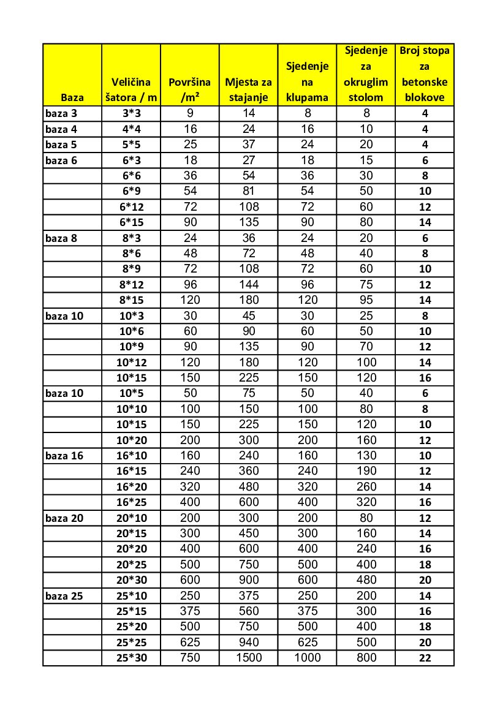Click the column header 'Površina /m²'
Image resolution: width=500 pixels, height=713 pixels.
(x=189, y=89)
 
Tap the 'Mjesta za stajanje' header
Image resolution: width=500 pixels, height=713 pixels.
(x=248, y=89)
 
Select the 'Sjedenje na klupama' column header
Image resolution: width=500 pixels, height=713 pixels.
(x=307, y=81)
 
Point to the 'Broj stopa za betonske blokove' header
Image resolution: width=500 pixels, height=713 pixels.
(x=425, y=74)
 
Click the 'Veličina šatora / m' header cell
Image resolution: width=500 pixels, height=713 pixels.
(x=131, y=89)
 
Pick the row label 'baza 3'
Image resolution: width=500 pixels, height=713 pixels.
(x=62, y=113)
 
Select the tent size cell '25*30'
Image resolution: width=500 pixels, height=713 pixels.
(x=131, y=658)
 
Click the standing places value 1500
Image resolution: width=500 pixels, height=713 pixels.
(x=248, y=658)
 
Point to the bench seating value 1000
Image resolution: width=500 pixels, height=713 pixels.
(x=307, y=658)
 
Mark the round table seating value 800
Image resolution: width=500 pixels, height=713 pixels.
(x=366, y=658)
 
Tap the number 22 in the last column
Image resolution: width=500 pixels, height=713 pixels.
(x=425, y=658)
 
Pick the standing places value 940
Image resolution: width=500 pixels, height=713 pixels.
(x=248, y=642)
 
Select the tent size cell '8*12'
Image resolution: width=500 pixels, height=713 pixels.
(x=131, y=284)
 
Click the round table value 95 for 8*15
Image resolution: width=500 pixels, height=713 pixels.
(x=366, y=300)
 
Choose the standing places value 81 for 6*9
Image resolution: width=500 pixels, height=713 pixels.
(x=248, y=191)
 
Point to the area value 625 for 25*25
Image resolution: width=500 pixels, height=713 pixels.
(x=189, y=642)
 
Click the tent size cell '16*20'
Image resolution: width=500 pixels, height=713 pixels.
(x=131, y=487)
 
